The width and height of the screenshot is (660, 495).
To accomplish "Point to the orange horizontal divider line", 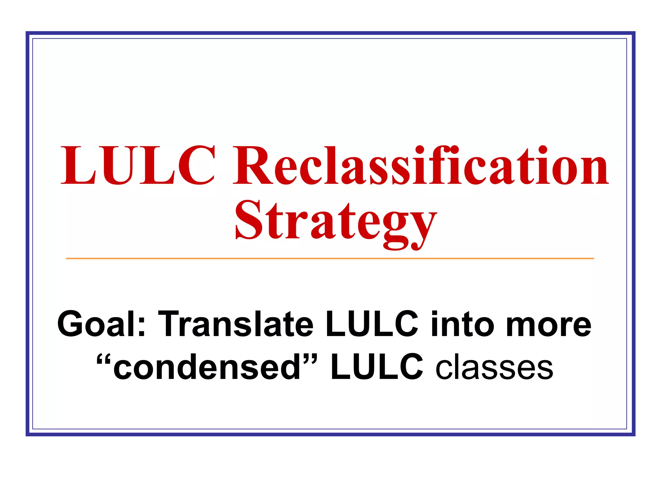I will [330, 258].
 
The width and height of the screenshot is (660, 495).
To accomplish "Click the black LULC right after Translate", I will [372, 324].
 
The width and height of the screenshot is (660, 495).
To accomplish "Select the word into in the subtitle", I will [462, 324].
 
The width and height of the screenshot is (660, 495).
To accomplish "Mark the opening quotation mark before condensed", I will [104, 358].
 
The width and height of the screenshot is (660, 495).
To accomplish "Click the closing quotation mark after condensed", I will [310, 358].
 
